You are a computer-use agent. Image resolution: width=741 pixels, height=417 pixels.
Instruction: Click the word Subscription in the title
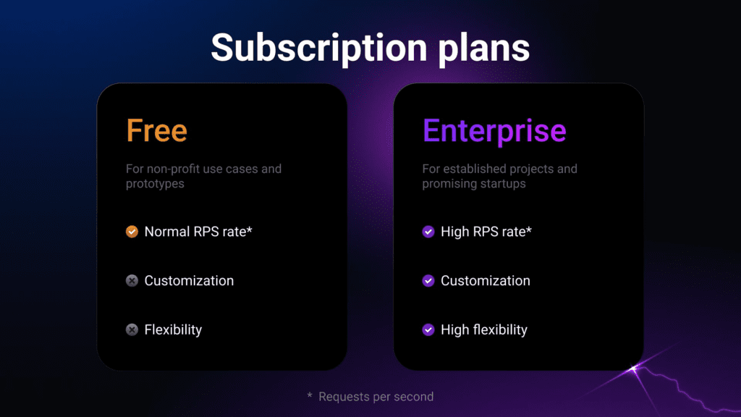pyautogui.click(x=319, y=49)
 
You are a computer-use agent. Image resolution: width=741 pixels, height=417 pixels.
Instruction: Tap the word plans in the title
pyautogui.click(x=484, y=49)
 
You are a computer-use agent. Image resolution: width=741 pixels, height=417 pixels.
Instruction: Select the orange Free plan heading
pyautogui.click(x=156, y=130)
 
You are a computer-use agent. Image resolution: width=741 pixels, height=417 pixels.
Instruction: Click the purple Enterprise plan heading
pyautogui.click(x=494, y=132)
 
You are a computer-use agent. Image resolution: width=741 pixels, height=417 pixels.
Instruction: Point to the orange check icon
pyautogui.click(x=132, y=232)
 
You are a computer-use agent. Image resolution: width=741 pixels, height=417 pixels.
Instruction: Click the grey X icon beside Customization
pyautogui.click(x=132, y=281)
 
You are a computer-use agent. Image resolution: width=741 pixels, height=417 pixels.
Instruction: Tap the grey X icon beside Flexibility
pyautogui.click(x=132, y=329)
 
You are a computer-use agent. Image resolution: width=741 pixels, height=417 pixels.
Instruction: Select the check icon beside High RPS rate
pyautogui.click(x=428, y=232)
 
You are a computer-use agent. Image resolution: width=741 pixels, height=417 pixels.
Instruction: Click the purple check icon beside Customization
pyautogui.click(x=428, y=281)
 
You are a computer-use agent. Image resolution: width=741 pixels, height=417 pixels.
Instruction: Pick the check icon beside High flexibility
pyautogui.click(x=428, y=329)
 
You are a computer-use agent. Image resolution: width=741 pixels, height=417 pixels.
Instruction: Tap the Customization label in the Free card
pyautogui.click(x=189, y=281)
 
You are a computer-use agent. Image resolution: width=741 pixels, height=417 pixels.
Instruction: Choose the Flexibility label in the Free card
pyautogui.click(x=173, y=329)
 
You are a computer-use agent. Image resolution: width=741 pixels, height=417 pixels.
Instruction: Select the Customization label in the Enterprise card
pyautogui.click(x=486, y=281)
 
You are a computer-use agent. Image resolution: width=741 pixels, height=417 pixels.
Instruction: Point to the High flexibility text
pyautogui.click(x=484, y=329)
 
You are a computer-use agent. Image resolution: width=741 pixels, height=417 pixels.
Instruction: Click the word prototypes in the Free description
pyautogui.click(x=155, y=184)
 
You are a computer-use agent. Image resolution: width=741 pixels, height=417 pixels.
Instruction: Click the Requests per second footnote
pyautogui.click(x=376, y=397)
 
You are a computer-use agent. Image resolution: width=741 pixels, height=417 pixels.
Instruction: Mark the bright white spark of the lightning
pyautogui.click(x=634, y=368)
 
